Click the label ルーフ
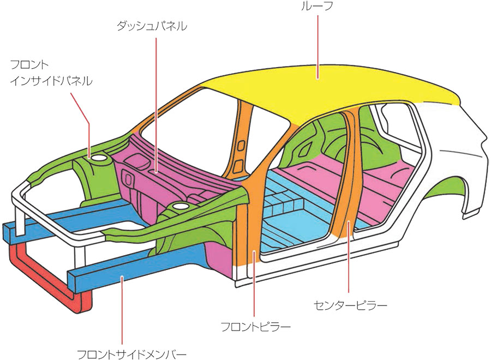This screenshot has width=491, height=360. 316,5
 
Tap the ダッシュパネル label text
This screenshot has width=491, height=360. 152,26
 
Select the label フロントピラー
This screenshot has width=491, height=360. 256,327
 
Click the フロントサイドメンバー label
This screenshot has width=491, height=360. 132,355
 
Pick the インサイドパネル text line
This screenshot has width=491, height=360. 51,81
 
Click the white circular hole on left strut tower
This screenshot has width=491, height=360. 99,158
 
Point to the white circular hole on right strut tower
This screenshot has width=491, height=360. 181,206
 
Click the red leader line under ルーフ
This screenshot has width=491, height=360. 318,47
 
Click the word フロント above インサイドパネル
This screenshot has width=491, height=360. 29,65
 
